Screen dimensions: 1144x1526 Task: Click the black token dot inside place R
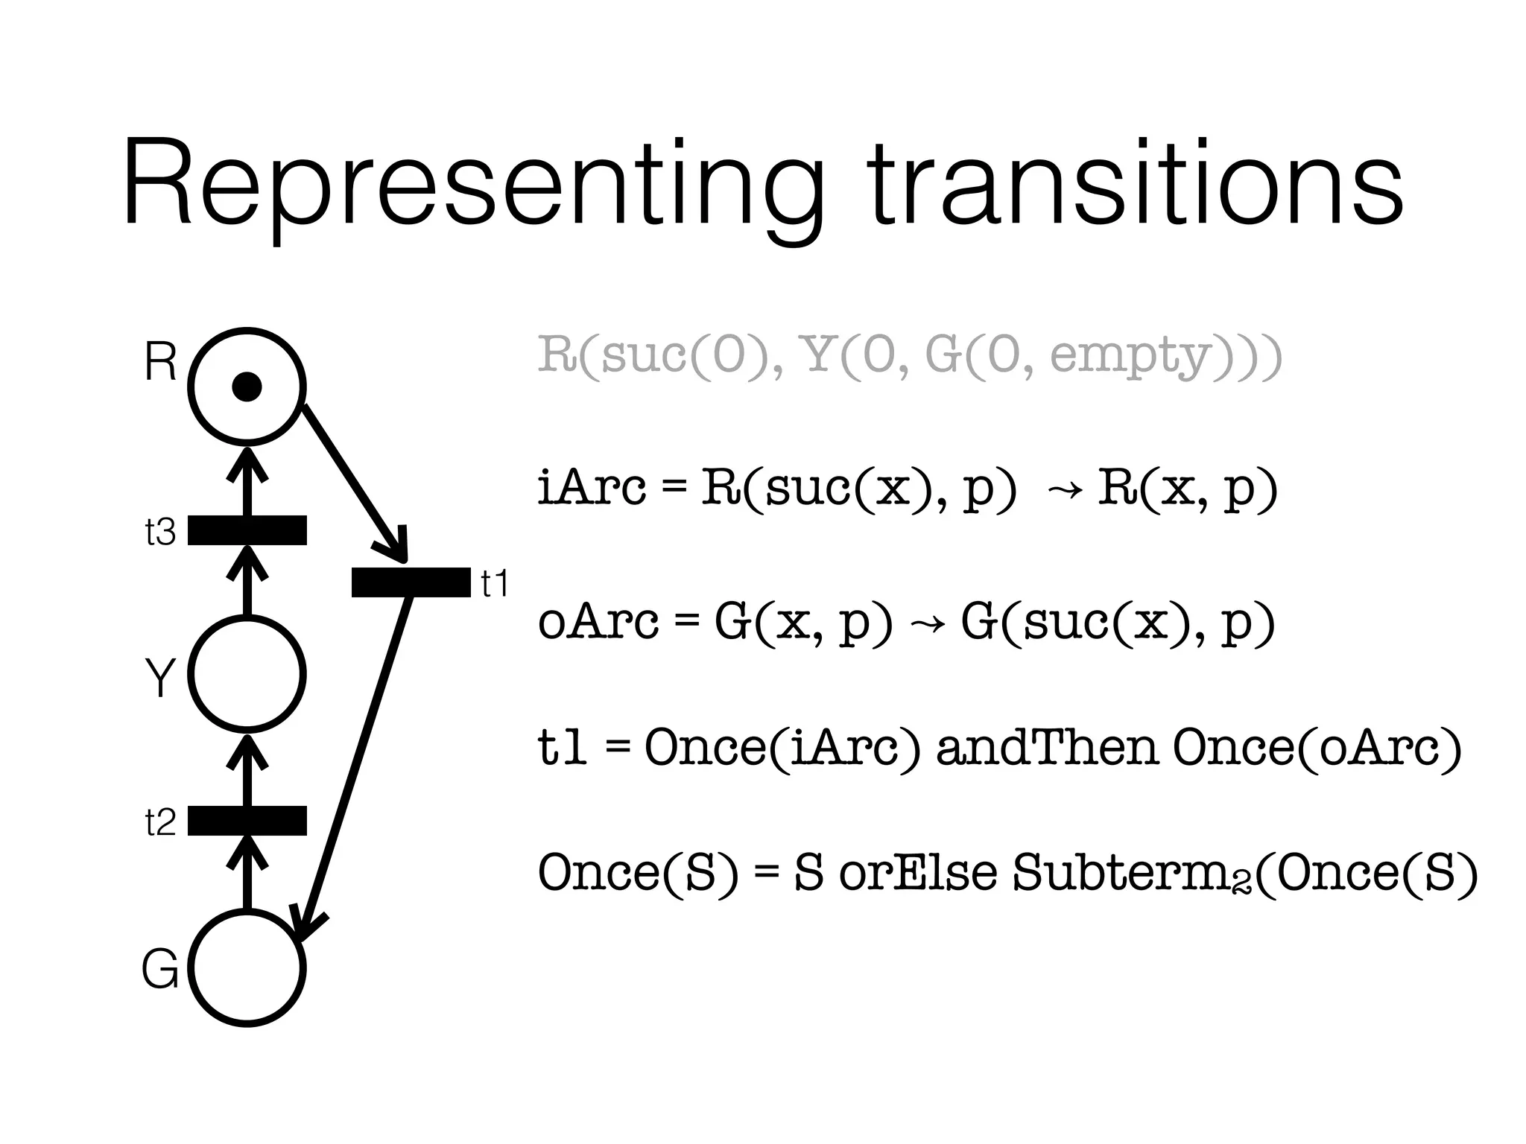click(x=247, y=387)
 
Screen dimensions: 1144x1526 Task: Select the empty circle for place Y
click(x=247, y=673)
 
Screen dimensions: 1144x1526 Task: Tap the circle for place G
click(x=247, y=967)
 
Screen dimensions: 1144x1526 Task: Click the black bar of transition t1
click(x=411, y=582)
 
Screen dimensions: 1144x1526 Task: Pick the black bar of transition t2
click(x=247, y=820)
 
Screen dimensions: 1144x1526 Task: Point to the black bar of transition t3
click(x=247, y=530)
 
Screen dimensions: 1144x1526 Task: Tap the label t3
click(x=160, y=532)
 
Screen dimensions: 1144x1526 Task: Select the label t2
click(x=160, y=822)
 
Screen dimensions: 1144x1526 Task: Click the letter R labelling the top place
click(x=160, y=362)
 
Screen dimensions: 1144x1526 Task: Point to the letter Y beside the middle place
click(x=160, y=678)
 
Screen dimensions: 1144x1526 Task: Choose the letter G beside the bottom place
click(x=160, y=970)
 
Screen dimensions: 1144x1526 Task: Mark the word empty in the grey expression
click(x=1129, y=356)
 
